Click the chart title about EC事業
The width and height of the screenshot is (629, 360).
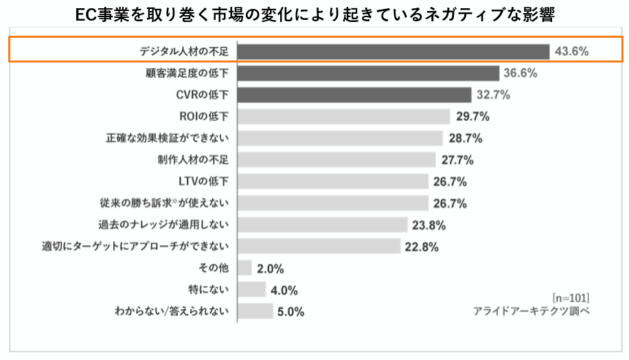(x=314, y=14)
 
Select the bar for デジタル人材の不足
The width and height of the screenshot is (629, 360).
(x=393, y=52)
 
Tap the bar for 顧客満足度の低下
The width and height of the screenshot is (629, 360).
(x=368, y=74)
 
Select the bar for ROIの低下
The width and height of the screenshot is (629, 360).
(x=343, y=117)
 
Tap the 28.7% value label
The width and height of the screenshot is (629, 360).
(x=465, y=138)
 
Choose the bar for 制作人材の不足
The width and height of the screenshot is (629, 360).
(x=336, y=160)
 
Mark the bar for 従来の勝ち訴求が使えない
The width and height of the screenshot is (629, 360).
(x=333, y=203)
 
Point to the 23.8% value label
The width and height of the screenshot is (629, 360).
(x=429, y=225)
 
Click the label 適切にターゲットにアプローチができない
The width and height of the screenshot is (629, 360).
(x=135, y=246)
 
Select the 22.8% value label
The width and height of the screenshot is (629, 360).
(x=422, y=247)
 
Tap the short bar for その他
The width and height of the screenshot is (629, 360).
(x=244, y=268)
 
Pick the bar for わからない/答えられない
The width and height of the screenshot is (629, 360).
(x=255, y=311)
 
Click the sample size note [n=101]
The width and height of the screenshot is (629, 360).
(x=570, y=297)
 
